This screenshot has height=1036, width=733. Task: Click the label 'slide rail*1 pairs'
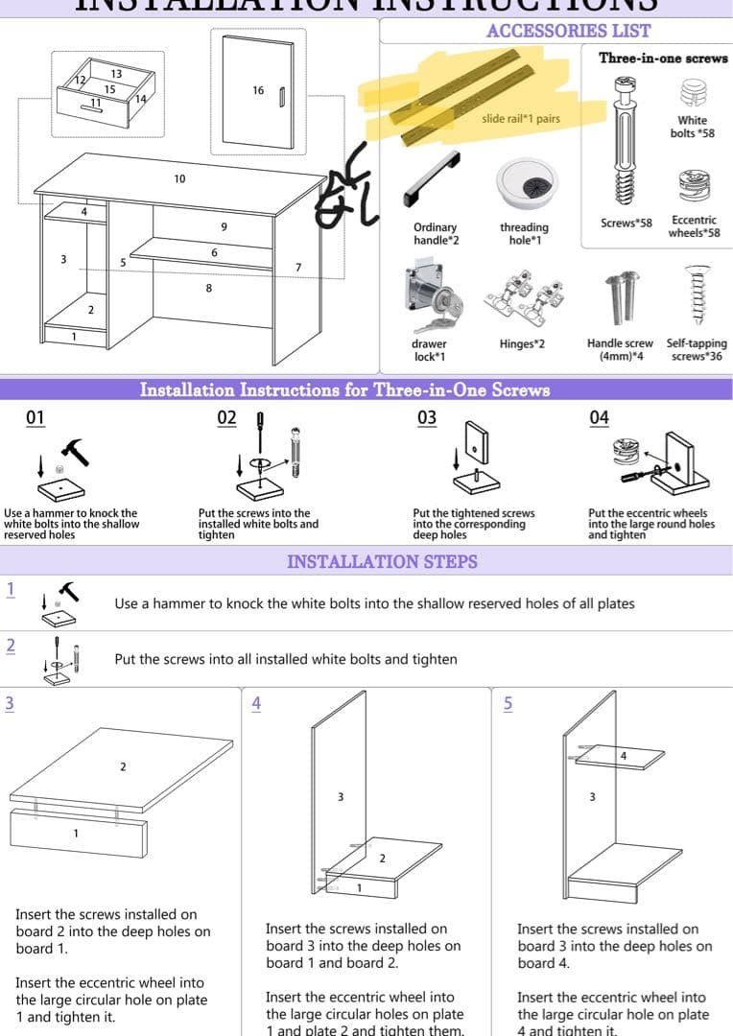point(521,119)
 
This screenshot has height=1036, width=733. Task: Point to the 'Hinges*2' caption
point(522,343)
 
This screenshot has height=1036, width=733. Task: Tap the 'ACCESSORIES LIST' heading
point(568,31)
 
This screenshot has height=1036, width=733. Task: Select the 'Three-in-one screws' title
point(663,58)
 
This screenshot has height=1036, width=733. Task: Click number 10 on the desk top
point(179,179)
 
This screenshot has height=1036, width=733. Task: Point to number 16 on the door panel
point(258,90)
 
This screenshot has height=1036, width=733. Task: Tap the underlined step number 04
point(599,417)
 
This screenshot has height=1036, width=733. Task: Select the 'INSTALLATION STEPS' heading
point(382,561)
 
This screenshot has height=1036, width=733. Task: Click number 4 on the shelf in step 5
point(624,756)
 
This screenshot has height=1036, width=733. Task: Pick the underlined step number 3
point(10,703)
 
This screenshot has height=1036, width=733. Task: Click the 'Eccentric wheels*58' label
point(694,226)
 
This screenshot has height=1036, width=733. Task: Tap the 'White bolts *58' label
point(692,127)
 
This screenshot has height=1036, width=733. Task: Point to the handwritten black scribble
point(343,187)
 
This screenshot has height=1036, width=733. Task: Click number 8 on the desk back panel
point(209,289)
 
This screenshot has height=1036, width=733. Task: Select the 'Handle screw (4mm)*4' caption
point(620,349)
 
